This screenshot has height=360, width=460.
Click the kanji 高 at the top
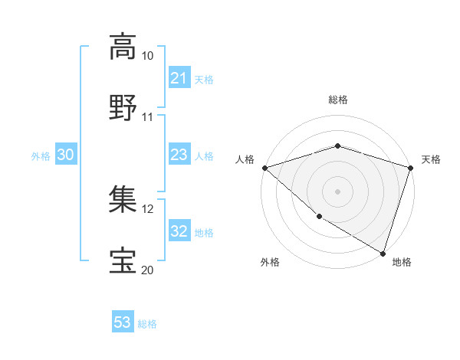(x=123, y=47)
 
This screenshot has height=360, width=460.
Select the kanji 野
(x=123, y=107)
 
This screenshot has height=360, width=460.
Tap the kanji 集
(x=123, y=200)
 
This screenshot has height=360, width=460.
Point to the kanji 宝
(x=123, y=260)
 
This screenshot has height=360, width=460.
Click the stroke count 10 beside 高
(x=148, y=56)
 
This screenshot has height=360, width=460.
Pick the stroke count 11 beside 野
(x=148, y=117)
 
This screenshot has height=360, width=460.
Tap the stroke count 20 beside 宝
(x=148, y=270)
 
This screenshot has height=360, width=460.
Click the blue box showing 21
(x=179, y=78)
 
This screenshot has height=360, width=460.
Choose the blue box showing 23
(x=179, y=155)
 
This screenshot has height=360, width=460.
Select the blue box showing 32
(x=179, y=232)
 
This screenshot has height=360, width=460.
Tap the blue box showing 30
(x=66, y=155)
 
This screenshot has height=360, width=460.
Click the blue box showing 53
(x=123, y=322)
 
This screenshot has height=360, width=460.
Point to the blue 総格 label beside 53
(x=148, y=324)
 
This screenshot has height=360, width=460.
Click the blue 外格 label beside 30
(x=41, y=156)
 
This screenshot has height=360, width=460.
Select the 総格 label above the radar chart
(x=338, y=100)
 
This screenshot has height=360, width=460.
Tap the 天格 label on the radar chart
(x=432, y=159)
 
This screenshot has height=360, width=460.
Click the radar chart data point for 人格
(x=264, y=168)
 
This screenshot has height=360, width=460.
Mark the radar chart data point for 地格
(x=383, y=253)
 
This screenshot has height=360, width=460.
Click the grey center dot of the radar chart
(x=338, y=191)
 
